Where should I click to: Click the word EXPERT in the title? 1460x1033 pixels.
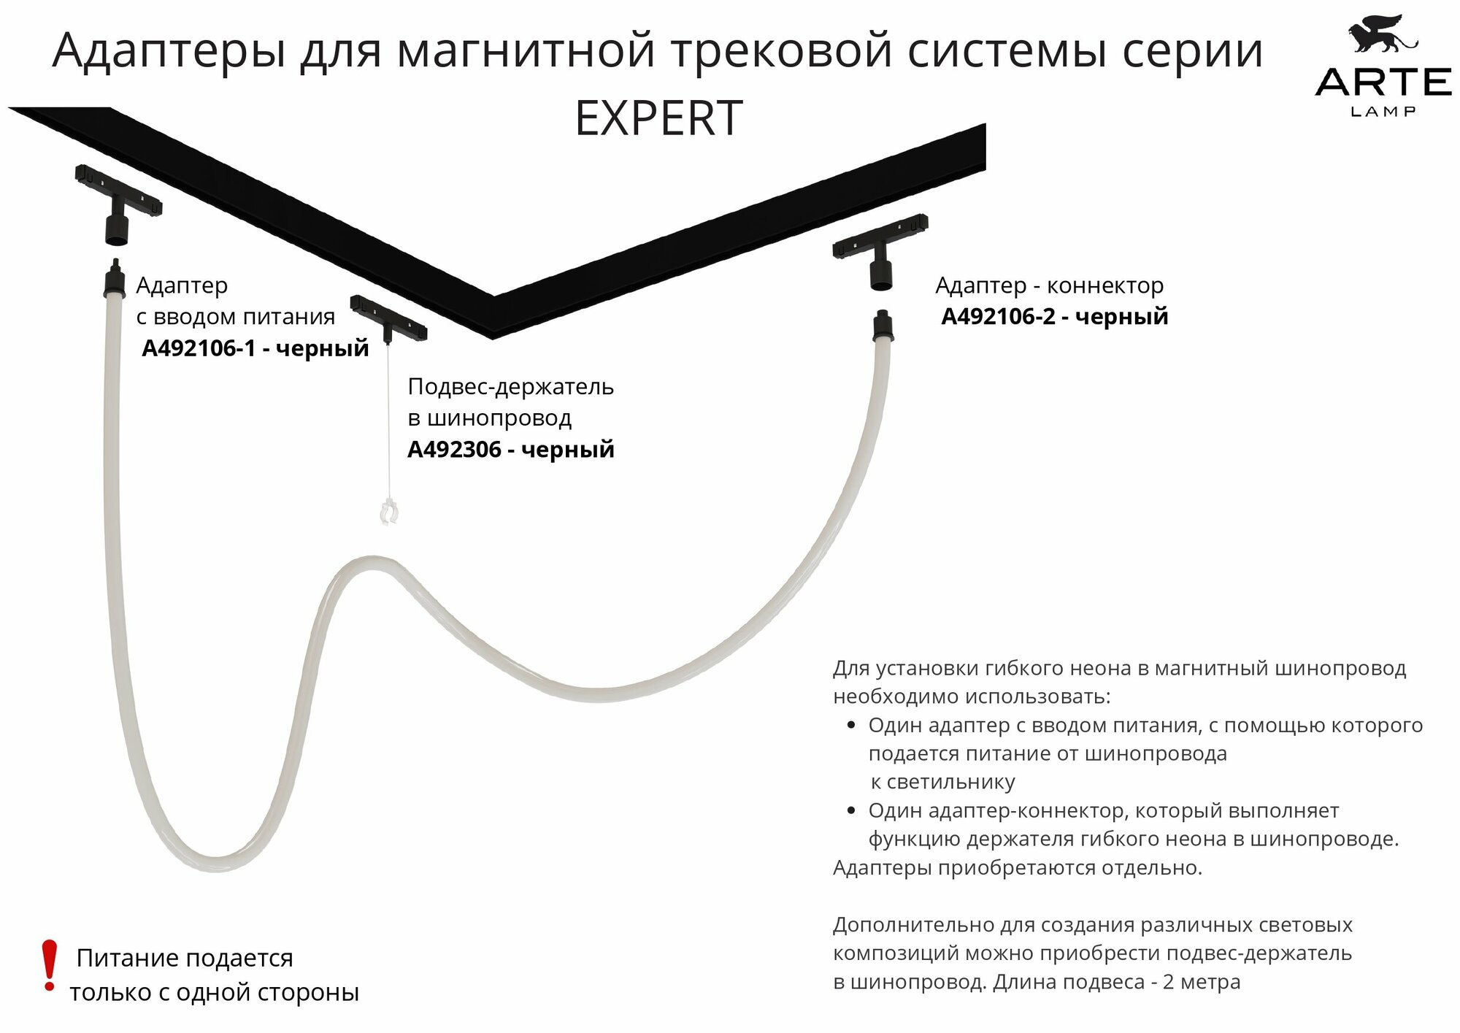(658, 118)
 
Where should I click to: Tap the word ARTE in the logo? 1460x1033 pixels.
(1383, 82)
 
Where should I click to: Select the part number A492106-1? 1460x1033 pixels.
(199, 348)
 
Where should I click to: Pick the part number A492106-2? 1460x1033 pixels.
(998, 317)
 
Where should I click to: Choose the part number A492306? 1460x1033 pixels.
(454, 450)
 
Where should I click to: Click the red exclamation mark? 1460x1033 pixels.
(49, 964)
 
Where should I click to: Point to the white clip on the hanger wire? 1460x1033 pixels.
(389, 511)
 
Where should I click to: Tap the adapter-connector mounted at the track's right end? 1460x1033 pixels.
(881, 252)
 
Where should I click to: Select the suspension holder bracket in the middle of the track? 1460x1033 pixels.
(388, 318)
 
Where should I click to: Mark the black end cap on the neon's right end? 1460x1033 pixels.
(883, 326)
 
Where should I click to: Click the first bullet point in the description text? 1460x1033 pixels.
(850, 726)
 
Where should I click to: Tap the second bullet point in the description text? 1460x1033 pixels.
(850, 811)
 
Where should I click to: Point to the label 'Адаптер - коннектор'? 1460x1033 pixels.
(1049, 285)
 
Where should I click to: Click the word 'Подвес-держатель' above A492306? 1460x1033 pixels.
(510, 386)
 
